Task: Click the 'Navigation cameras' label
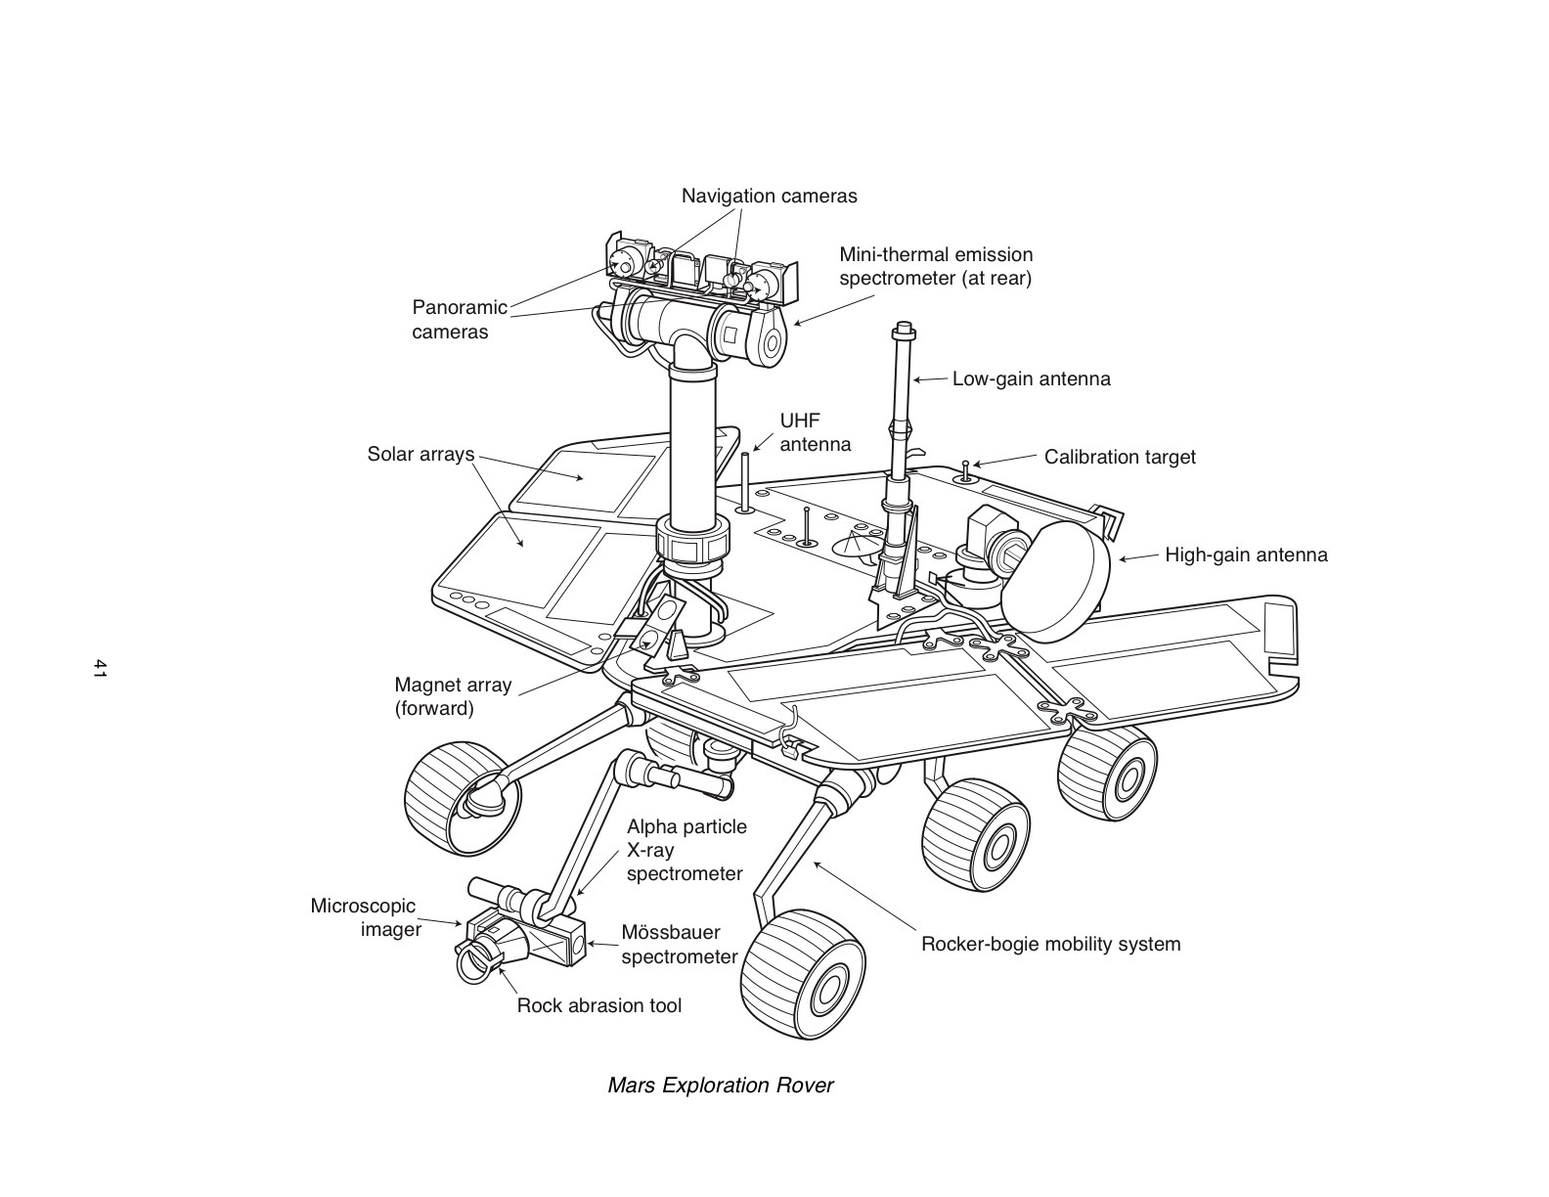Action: pos(769,196)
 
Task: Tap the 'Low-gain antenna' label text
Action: pos(1031,378)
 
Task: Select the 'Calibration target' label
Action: pos(1119,457)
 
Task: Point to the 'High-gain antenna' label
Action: pos(1246,555)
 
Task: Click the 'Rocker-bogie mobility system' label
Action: pos(1050,945)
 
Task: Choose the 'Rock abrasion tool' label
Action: pos(598,1005)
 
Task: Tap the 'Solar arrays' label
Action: pos(420,454)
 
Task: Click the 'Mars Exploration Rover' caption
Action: pos(720,1086)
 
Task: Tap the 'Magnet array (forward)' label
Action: pos(452,696)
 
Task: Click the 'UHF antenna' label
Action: pos(815,432)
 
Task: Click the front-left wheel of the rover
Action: pos(458,797)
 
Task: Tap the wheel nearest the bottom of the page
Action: pos(803,978)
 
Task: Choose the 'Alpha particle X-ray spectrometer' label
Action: pos(686,850)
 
